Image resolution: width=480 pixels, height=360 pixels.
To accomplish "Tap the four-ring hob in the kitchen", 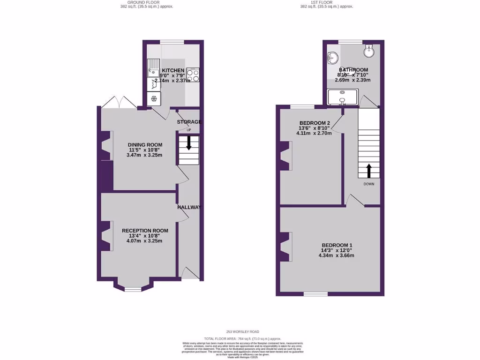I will (x=193, y=75).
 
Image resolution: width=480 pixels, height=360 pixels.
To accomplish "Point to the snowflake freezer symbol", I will (x=153, y=98).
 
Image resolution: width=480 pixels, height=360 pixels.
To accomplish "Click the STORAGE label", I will (x=189, y=122).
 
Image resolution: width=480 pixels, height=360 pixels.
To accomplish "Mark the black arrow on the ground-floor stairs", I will (x=189, y=143).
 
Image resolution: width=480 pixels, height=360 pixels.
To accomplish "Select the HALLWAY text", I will (x=189, y=207).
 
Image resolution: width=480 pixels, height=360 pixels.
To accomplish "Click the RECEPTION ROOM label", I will (x=145, y=231).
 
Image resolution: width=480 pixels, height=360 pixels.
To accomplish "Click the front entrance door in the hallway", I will (x=190, y=273).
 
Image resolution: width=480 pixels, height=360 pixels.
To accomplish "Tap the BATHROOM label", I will (x=353, y=70).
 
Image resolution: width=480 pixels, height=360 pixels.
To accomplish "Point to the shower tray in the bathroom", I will (x=342, y=97).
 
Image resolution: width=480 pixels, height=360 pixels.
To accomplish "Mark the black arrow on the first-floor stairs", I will (x=368, y=170).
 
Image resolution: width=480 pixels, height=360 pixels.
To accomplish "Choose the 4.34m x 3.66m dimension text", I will (x=337, y=255).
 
